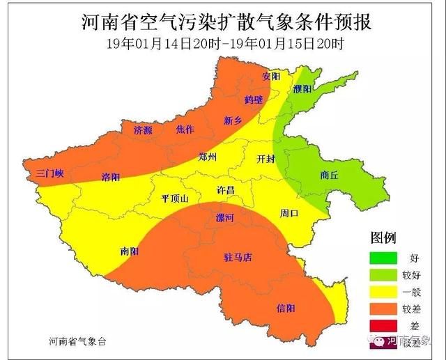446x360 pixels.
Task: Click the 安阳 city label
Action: [x=271, y=75]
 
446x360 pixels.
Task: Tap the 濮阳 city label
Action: [x=302, y=89]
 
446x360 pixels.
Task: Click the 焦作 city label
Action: [x=185, y=130]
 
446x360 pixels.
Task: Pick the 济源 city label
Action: [x=144, y=130]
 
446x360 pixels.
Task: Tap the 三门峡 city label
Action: [x=50, y=173]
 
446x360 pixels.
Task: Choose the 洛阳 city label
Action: [x=110, y=176]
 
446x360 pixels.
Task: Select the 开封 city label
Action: [x=266, y=158]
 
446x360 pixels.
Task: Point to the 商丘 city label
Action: [x=328, y=176]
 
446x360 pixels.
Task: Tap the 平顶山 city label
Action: [x=175, y=198]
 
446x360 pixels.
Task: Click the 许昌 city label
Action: [x=226, y=190]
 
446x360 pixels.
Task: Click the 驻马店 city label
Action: [x=238, y=258]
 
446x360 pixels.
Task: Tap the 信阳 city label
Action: [x=286, y=307]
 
